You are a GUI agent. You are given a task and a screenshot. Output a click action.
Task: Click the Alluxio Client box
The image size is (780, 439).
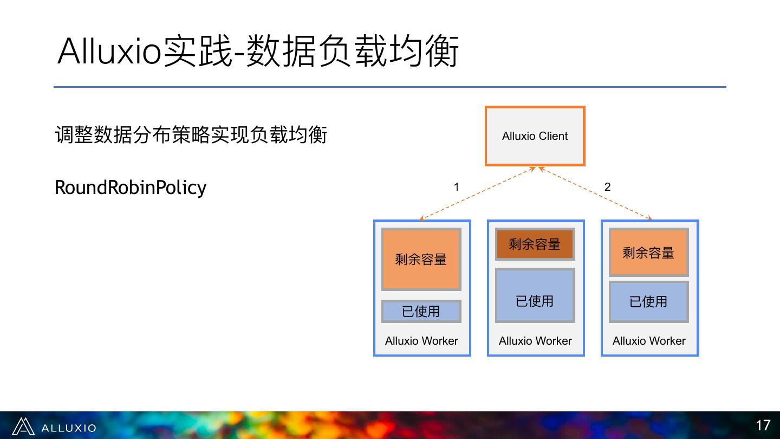(x=535, y=136)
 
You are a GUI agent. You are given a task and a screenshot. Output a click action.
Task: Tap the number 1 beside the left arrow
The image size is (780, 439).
(x=456, y=187)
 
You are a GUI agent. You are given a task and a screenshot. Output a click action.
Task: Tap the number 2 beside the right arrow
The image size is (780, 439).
(x=607, y=187)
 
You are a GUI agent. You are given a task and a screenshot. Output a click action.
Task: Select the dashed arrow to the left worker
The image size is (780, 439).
(x=477, y=193)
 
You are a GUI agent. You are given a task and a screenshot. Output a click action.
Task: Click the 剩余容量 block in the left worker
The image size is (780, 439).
(x=421, y=259)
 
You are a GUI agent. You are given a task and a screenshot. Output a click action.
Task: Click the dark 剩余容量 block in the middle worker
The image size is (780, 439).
(x=535, y=244)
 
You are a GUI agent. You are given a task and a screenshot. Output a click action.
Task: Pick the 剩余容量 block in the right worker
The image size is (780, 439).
(x=648, y=253)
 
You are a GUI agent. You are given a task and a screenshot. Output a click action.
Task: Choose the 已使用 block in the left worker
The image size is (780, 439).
(x=421, y=312)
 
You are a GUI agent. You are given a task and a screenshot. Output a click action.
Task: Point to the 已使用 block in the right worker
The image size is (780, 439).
(x=648, y=301)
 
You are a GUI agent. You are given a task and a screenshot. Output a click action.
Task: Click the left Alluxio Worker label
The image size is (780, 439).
(x=421, y=341)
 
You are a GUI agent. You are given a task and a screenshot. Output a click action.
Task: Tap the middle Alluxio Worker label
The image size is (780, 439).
(x=535, y=341)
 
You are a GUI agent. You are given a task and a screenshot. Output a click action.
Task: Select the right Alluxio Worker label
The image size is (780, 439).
(x=649, y=341)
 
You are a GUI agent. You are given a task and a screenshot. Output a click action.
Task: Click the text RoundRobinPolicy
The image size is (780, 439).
(x=131, y=188)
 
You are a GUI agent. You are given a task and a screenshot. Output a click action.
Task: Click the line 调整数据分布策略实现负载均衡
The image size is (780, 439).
(x=191, y=134)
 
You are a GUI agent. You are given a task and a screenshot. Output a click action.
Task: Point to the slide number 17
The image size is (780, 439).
(x=763, y=425)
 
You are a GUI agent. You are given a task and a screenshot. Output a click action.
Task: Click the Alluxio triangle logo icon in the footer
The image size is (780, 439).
(x=23, y=427)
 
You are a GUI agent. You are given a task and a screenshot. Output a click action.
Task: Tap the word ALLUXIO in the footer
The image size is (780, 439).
(x=69, y=428)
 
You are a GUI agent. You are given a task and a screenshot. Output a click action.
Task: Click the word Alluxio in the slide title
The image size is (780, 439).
(x=109, y=51)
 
